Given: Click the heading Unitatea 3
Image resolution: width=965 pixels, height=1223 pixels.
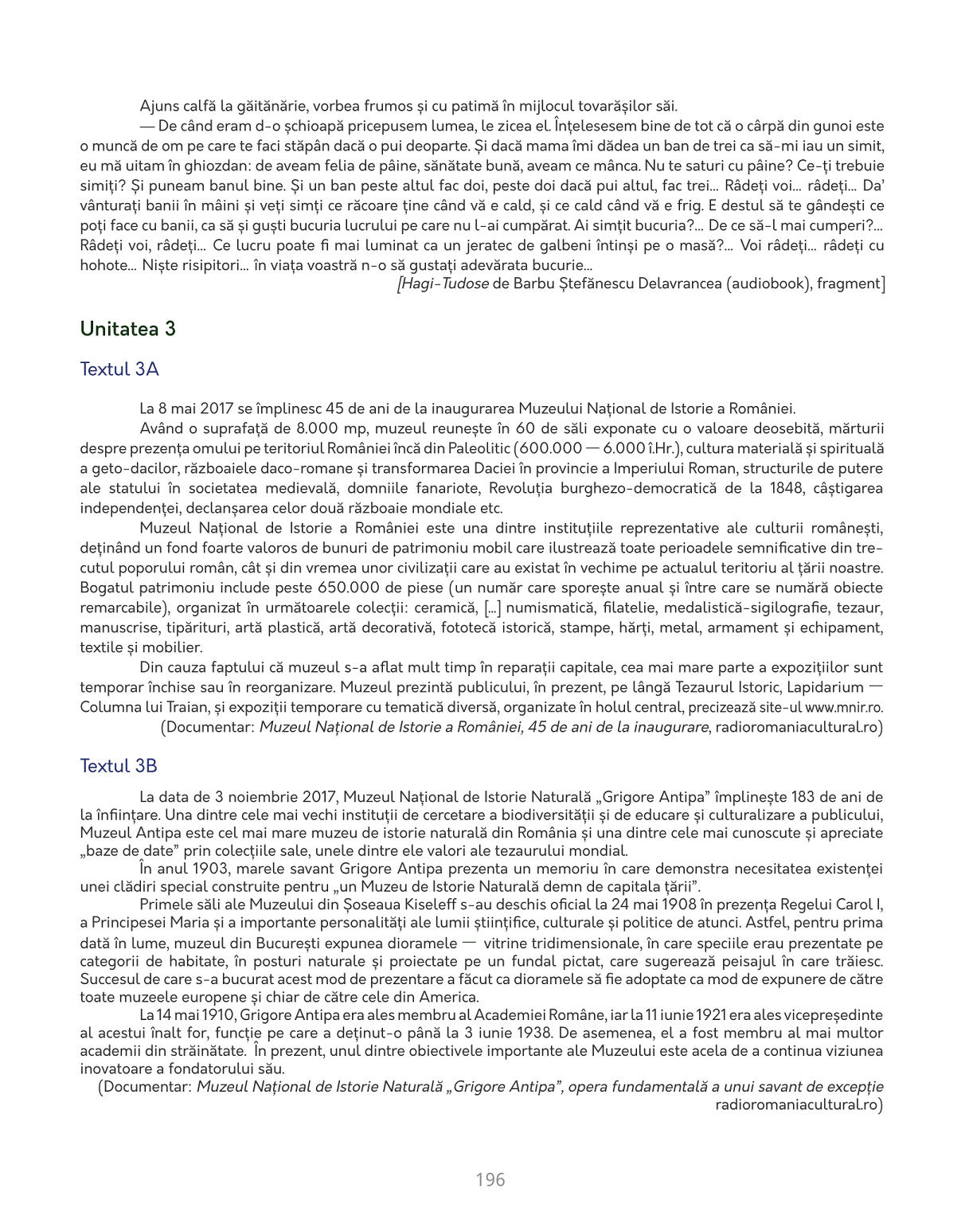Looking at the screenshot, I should pos(127,329).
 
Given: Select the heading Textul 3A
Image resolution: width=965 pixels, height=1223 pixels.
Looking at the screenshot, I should pos(119,369).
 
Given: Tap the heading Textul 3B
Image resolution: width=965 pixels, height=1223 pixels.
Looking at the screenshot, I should pos(119,766).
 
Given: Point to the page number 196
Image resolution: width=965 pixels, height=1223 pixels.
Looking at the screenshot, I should pos(490,1179).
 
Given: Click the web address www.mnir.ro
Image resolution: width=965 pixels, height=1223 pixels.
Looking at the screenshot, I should pos(843,707).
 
